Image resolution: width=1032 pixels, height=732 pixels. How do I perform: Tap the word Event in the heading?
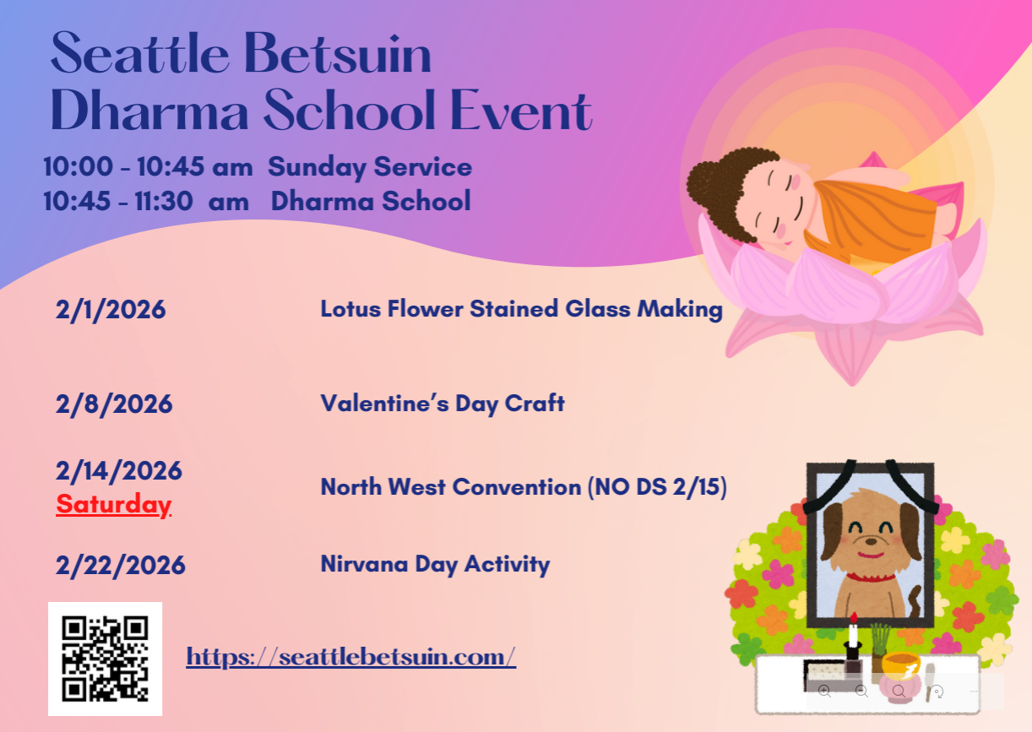click(x=520, y=110)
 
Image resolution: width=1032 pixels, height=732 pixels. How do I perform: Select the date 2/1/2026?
click(x=110, y=310)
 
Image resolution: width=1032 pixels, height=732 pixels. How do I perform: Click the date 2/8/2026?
click(x=114, y=404)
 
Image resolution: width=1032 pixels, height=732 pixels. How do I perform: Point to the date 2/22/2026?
click(x=120, y=565)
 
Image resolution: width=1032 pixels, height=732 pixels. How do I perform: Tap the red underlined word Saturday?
click(x=114, y=505)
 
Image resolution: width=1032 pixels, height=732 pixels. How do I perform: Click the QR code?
click(x=105, y=659)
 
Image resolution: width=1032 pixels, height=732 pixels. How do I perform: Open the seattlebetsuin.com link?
click(x=351, y=657)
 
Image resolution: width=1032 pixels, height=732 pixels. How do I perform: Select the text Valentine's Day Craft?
click(x=443, y=404)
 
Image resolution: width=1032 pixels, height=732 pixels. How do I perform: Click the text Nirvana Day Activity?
click(x=436, y=564)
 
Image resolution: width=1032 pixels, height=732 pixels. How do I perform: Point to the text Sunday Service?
click(x=370, y=166)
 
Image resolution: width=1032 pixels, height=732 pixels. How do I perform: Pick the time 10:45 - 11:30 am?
click(x=146, y=201)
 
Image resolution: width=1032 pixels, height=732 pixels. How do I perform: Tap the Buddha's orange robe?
click(x=871, y=221)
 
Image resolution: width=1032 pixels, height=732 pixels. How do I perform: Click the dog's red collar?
click(x=871, y=577)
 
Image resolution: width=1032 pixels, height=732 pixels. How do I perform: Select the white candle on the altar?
click(x=853, y=632)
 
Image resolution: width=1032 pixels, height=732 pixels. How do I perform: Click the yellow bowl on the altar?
click(x=901, y=665)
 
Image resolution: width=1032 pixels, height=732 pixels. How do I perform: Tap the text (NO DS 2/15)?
click(x=657, y=487)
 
